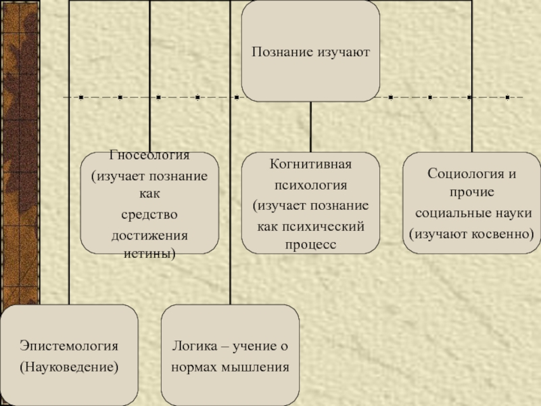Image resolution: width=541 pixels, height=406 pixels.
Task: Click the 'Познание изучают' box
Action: pos(310,51)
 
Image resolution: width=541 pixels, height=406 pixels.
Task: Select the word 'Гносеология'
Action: pos(149,156)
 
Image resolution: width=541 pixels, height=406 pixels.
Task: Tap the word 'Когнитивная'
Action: pos(310,164)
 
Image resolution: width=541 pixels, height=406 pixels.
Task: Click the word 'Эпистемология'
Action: pos(68,346)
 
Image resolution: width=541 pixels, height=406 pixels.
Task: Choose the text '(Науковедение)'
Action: pos(68,367)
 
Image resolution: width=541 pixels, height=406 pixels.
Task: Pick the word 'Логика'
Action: pos(193,346)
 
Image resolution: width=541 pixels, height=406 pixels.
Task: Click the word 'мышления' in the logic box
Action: pos(258,367)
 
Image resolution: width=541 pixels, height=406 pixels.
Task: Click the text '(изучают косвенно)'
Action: pos(471,233)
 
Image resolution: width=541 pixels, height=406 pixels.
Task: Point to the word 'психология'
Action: pos(310,184)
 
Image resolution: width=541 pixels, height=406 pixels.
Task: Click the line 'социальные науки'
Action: pos(473,213)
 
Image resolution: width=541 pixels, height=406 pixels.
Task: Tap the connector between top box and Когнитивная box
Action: pos(310,127)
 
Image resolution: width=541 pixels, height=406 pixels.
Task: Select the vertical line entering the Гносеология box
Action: pos(149,81)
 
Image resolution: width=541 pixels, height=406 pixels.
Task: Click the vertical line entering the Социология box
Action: pos(471,81)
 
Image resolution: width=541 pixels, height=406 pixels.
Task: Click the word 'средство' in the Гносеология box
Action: pos(149,215)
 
